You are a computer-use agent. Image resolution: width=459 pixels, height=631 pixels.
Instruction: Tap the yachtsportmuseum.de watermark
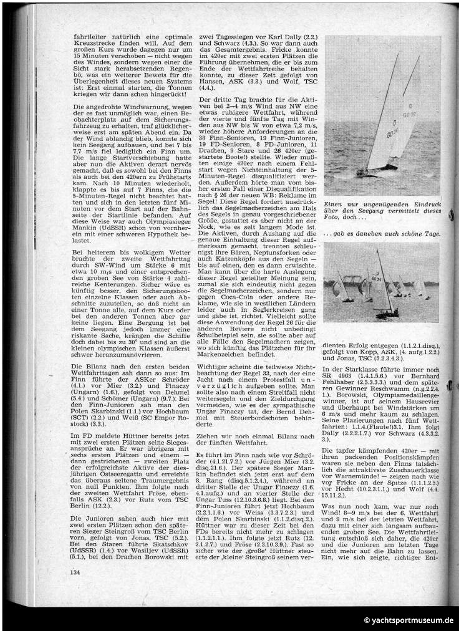[x=408, y=620]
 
